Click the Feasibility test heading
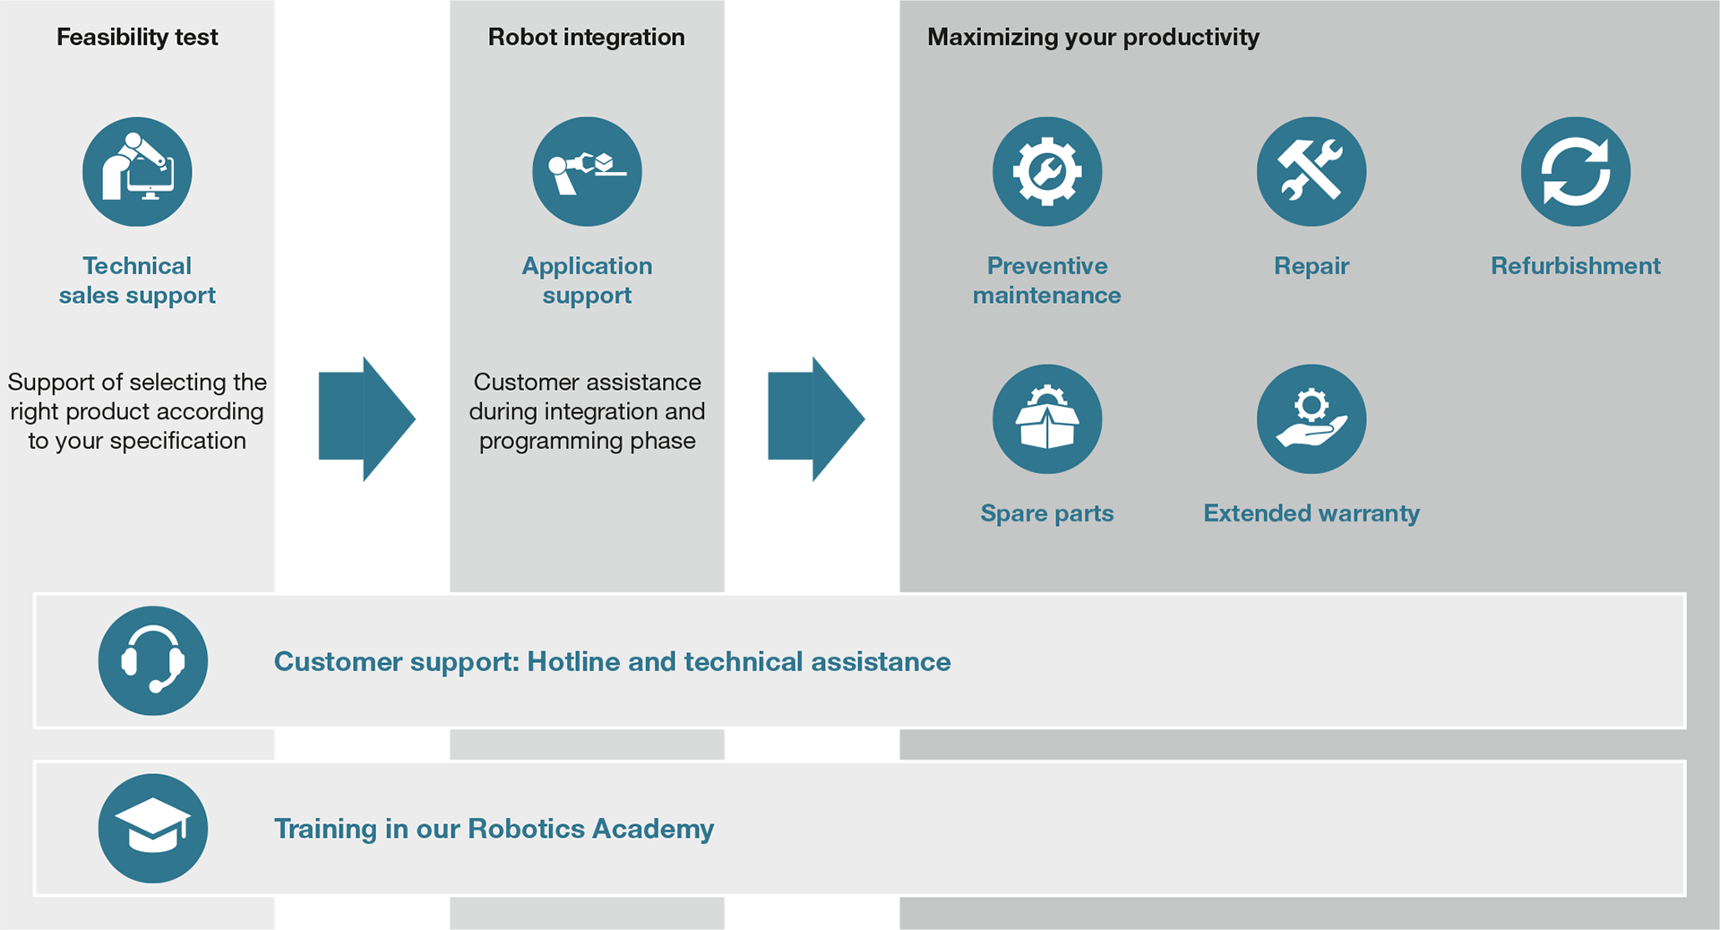[137, 37]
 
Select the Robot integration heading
[587, 37]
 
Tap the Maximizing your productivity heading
[1093, 37]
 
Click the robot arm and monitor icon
[137, 171]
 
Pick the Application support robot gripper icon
[587, 171]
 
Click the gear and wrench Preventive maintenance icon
[1047, 171]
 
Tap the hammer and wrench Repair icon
[1311, 171]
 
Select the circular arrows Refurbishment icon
[1576, 171]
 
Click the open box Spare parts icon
[1047, 418]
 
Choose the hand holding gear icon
[1311, 418]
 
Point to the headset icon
[153, 660]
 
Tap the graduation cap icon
[153, 828]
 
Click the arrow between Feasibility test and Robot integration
[367, 418]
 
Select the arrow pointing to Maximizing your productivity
[816, 418]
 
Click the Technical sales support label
[137, 280]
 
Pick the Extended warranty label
[1311, 513]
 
